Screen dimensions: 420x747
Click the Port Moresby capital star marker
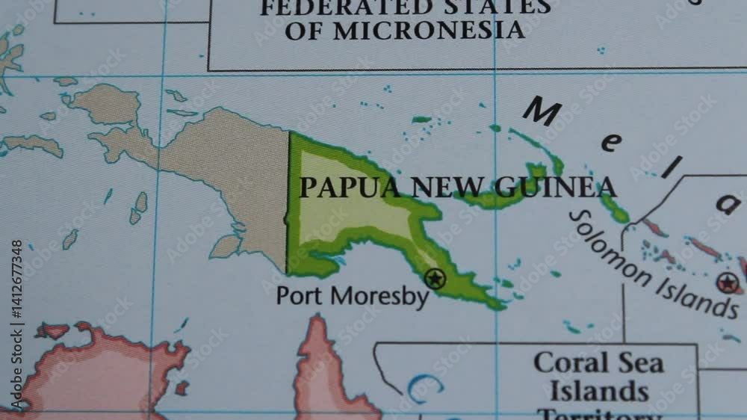point(435,279)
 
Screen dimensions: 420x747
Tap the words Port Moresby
point(353,295)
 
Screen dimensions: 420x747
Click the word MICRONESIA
point(427,30)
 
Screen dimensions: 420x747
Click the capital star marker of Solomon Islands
point(727,282)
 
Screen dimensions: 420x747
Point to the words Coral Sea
point(598,363)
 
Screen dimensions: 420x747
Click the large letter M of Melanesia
point(542,112)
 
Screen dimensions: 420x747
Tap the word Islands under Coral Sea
point(598,391)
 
